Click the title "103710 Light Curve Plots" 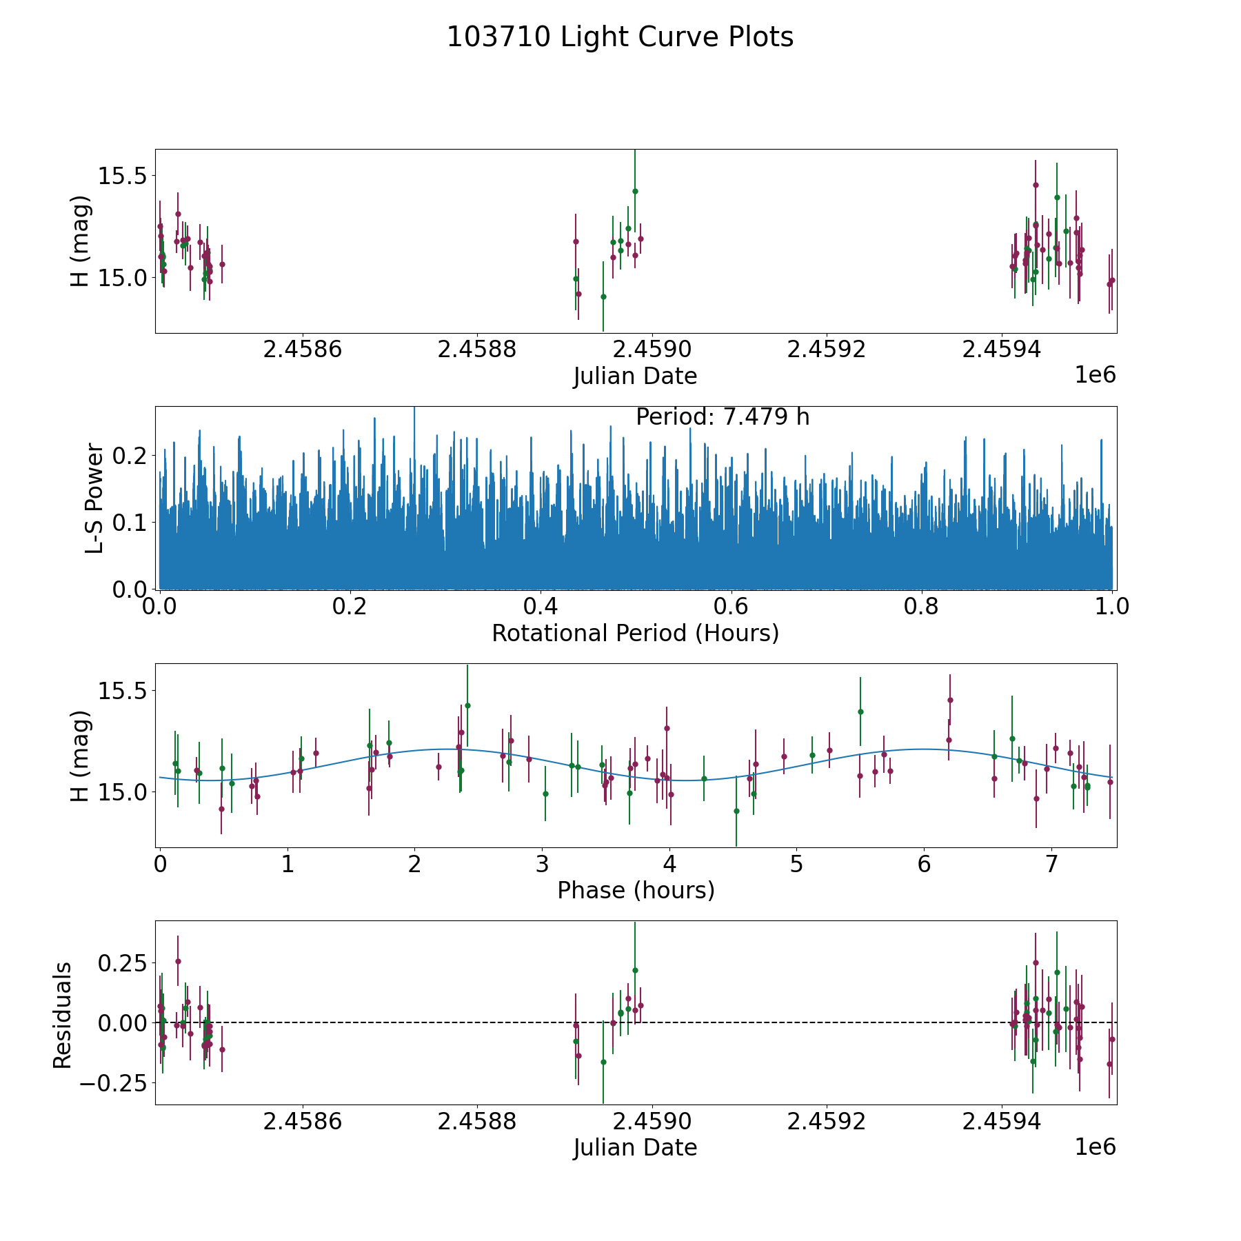(x=620, y=37)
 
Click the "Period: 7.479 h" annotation (x=723, y=417)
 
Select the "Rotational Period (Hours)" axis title (x=635, y=633)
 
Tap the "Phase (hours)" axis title (x=636, y=891)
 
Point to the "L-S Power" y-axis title (x=95, y=498)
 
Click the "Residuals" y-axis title (x=62, y=1016)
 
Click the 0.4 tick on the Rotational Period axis (x=541, y=607)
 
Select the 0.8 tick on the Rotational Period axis (x=922, y=607)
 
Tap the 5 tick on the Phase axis (x=796, y=865)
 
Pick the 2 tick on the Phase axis (x=414, y=865)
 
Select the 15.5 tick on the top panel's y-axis (x=122, y=176)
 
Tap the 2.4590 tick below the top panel (x=652, y=350)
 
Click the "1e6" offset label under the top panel (x=1096, y=375)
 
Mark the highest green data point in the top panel (x=635, y=191)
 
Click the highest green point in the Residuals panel (x=635, y=970)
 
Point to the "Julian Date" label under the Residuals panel (x=635, y=1148)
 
